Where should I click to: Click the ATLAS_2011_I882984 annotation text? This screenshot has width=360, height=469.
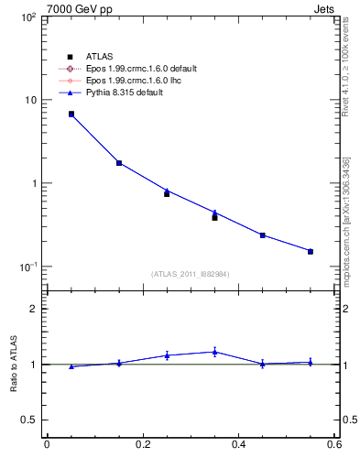click(x=191, y=274)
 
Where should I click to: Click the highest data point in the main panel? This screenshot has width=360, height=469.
click(x=71, y=115)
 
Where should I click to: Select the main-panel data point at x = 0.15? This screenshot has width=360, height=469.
click(x=119, y=163)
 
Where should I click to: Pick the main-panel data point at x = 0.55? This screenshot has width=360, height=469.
click(x=311, y=251)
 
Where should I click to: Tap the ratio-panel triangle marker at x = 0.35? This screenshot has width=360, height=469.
click(x=214, y=352)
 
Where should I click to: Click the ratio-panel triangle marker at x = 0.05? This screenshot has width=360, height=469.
click(x=71, y=366)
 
